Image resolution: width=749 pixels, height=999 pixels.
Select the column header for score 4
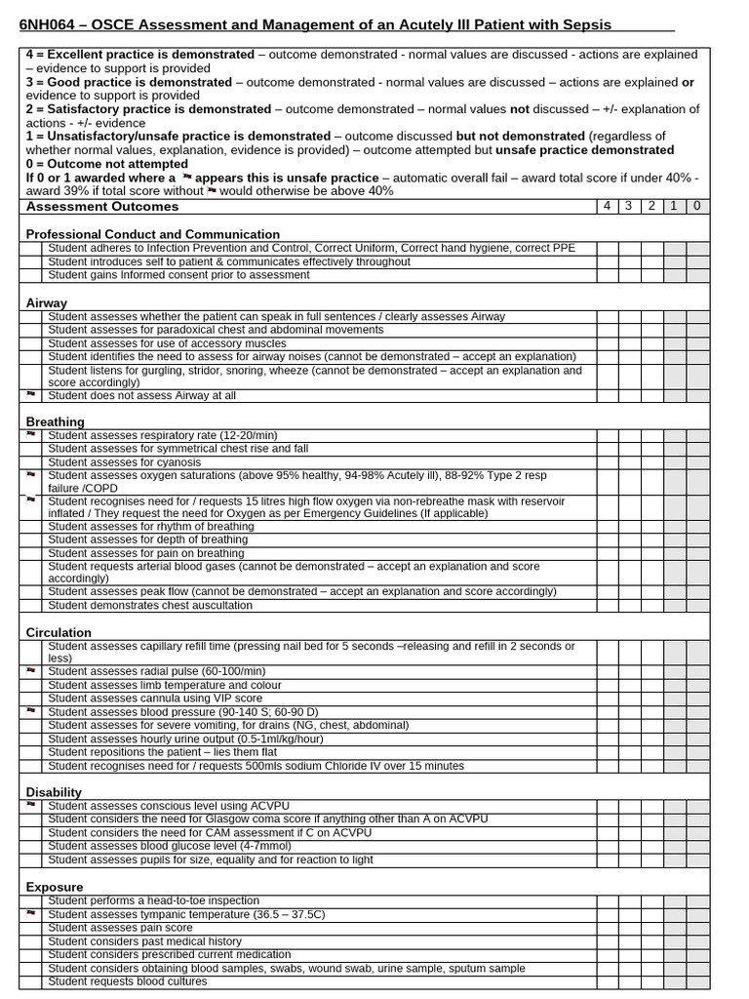[x=608, y=207]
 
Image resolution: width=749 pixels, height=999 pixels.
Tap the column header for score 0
[x=697, y=207]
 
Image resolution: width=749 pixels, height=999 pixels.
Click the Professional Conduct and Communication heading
[x=152, y=234]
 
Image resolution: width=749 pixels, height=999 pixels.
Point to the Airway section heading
[x=47, y=303]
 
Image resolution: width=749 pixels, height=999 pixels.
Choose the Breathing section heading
[x=55, y=421]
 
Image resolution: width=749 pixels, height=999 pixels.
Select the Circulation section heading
[x=59, y=632]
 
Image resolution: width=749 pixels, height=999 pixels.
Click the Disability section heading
[x=54, y=792]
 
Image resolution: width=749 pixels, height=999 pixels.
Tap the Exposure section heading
[x=55, y=887]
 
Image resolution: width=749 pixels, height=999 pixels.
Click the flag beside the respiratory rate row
[x=32, y=434]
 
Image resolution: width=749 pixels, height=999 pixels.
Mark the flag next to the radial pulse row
[x=32, y=671]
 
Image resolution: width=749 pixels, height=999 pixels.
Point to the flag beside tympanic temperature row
[x=32, y=913]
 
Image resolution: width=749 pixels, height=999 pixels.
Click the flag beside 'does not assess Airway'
[x=32, y=395]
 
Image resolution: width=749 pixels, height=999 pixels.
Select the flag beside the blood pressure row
[x=32, y=711]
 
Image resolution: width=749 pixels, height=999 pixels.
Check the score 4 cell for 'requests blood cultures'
[x=608, y=981]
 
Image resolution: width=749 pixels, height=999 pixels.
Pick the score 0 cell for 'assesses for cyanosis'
[x=697, y=461]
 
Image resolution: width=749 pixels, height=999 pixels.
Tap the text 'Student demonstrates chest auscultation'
[x=150, y=605]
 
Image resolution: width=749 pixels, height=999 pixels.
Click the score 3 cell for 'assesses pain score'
[x=630, y=928]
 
